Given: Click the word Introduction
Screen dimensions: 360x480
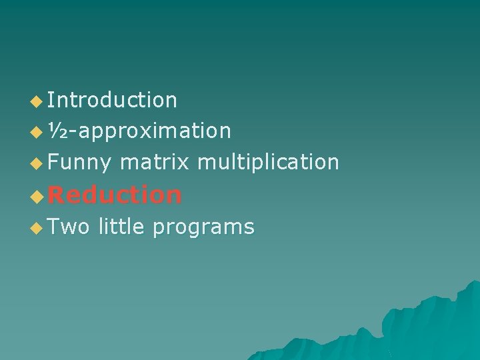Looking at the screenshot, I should tap(112, 100).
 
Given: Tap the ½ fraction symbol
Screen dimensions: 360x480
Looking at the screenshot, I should tap(58, 131).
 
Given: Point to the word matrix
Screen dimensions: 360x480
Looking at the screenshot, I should tap(155, 161).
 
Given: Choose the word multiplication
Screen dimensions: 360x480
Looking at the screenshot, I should tap(269, 162).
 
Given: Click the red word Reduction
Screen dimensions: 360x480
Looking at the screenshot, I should tap(115, 195).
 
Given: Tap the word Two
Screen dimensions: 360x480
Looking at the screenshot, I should tap(69, 227).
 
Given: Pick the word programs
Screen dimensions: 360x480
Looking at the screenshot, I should tap(203, 228).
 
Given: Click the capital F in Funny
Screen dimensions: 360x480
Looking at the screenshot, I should tap(53, 161).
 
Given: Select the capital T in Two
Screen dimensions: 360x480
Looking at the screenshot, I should tap(54, 227).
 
